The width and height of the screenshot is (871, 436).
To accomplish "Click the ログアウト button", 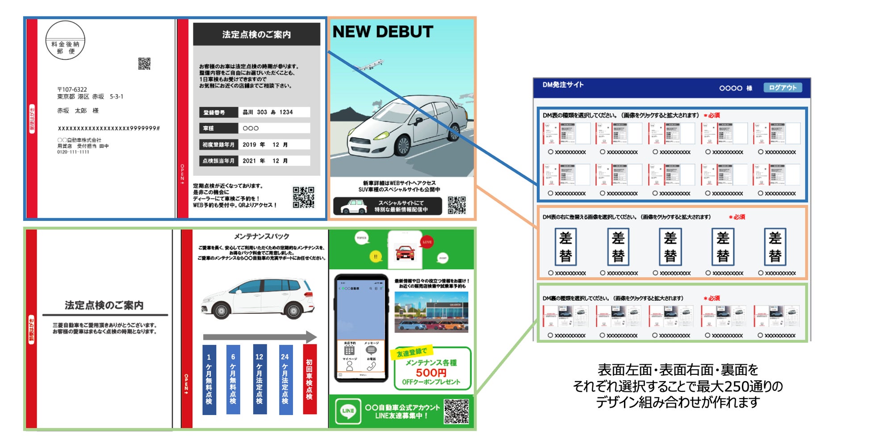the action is [x=783, y=87].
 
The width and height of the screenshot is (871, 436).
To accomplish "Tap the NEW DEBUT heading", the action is [x=383, y=32].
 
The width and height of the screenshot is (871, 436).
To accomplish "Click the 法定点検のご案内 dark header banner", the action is [x=256, y=34].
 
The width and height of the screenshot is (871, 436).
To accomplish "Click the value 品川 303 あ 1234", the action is [x=268, y=112].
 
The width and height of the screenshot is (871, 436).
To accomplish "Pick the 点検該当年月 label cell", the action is [x=218, y=161].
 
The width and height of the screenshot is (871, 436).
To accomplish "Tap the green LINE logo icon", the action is [x=348, y=411].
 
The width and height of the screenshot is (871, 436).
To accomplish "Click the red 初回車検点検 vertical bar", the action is [x=309, y=379].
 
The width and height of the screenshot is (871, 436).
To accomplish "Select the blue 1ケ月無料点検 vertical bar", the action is [x=209, y=379].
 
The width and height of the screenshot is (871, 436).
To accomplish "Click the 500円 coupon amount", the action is [x=431, y=373].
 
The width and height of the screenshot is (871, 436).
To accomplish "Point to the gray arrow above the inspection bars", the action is [x=259, y=337].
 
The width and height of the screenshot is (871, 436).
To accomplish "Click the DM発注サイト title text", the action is [x=563, y=85].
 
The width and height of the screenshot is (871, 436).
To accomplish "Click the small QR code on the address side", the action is [x=144, y=64].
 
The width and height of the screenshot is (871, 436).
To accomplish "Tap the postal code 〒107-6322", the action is [x=72, y=89].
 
